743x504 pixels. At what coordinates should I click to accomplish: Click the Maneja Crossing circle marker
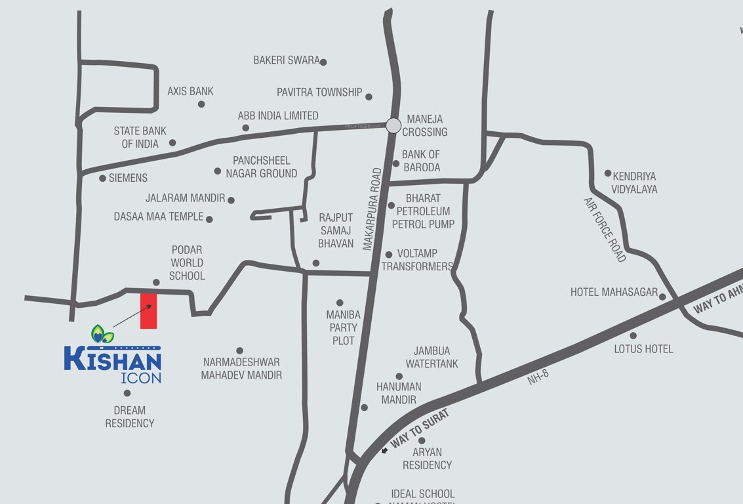coord(393,125)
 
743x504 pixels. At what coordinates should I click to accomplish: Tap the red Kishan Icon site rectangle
coord(149,311)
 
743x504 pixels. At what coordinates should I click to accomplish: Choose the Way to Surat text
coord(420,429)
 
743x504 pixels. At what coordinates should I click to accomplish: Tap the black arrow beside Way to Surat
coord(385,451)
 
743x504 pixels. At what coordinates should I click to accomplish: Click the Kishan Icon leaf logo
coord(102,335)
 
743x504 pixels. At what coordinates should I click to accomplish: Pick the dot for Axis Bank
coord(201,104)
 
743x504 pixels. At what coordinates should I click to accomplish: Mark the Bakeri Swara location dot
coord(323,62)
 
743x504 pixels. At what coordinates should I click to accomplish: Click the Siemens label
coord(128,178)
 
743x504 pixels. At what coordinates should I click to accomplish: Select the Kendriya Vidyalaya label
coord(635,182)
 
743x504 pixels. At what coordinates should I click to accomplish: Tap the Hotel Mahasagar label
coord(614,292)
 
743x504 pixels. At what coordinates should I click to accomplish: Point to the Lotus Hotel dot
coord(633,335)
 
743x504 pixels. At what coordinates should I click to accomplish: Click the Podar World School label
coord(187,262)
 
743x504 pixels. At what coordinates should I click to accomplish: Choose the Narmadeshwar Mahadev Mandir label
coord(241,369)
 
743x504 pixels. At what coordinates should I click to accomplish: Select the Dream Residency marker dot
coord(127,393)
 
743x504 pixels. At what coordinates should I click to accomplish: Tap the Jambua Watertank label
coord(432,358)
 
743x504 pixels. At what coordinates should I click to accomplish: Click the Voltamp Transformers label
coord(417,260)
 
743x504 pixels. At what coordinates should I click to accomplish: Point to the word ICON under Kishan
coord(141,378)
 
